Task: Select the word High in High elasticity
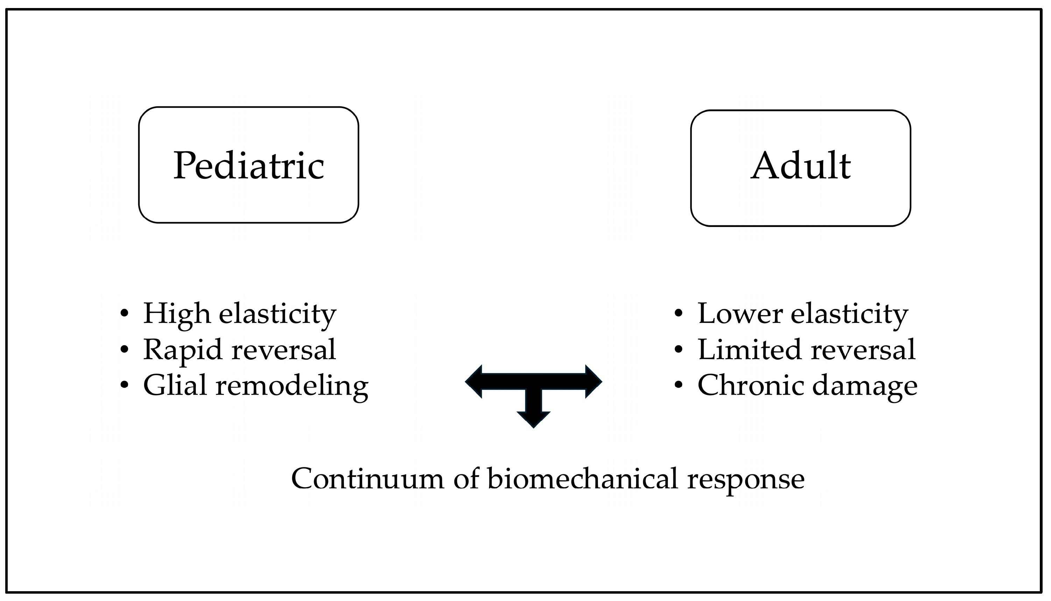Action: click(177, 314)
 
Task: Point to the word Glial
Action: click(175, 386)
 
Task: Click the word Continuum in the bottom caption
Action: click(367, 479)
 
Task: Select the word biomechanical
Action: click(583, 479)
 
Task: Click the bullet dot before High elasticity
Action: click(124, 314)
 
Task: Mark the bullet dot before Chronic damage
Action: click(678, 386)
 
